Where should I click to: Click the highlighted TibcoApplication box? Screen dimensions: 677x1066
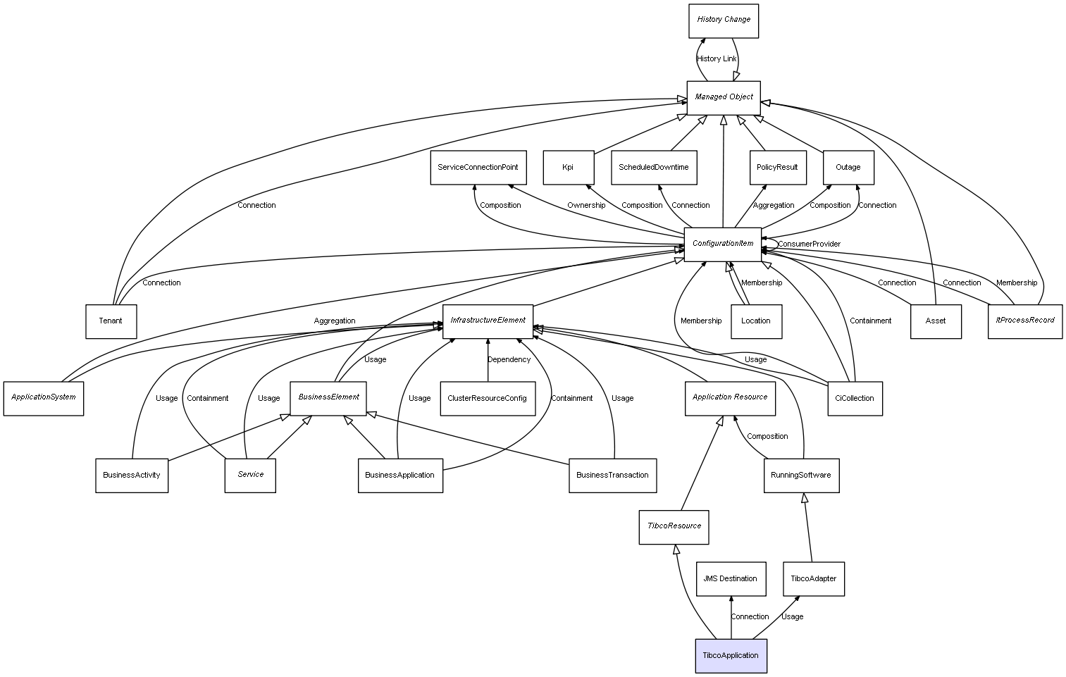point(731,655)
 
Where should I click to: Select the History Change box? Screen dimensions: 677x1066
point(724,20)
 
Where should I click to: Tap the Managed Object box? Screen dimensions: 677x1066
point(724,97)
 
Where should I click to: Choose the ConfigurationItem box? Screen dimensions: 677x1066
point(723,244)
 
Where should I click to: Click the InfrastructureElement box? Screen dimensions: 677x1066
point(488,321)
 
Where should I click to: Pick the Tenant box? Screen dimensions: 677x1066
point(111,321)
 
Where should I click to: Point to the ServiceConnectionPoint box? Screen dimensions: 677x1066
point(478,168)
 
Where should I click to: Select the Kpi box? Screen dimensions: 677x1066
point(568,168)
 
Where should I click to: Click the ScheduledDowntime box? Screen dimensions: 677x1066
point(654,168)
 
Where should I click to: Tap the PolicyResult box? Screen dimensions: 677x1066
point(777,168)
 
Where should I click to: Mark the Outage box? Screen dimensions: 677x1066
point(848,168)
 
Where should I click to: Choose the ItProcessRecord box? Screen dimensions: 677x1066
point(1025,321)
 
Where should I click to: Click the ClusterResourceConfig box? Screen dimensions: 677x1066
point(487,398)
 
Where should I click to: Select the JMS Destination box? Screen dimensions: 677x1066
point(730,579)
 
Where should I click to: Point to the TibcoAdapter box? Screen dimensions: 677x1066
point(813,579)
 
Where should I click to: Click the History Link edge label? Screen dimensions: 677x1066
point(717,59)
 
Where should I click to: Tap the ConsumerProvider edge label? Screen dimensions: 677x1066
point(809,244)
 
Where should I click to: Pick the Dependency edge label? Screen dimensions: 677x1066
point(509,360)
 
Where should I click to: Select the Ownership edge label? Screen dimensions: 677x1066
point(586,206)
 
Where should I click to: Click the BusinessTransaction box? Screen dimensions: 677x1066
point(612,476)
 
